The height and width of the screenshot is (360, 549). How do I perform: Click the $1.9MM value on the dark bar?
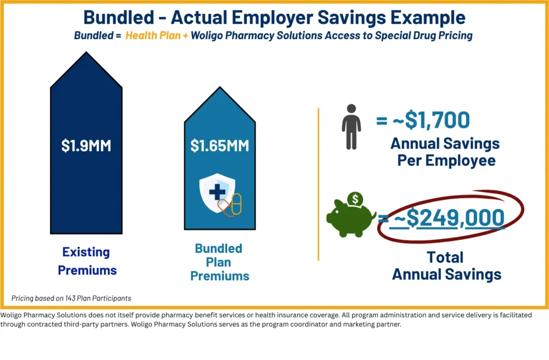point(86,145)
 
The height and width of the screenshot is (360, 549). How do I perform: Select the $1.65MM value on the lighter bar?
point(219,145)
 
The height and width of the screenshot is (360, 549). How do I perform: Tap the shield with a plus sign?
point(217,192)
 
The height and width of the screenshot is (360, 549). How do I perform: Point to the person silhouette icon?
point(351,127)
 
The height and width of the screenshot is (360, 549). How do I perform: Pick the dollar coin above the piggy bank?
point(355,200)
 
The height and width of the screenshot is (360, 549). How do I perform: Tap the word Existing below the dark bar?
point(86,252)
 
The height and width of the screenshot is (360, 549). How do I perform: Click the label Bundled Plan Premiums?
point(219,262)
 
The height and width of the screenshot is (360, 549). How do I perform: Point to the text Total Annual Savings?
point(447,266)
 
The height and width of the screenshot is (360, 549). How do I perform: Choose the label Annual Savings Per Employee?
point(446,152)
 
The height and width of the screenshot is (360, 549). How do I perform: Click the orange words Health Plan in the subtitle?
point(153,35)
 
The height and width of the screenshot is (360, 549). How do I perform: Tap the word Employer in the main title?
point(273,18)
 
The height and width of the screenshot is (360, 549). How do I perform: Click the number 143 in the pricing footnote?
point(70,298)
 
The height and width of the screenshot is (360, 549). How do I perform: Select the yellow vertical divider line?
point(318,185)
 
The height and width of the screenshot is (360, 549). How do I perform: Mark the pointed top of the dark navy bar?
point(86,52)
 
